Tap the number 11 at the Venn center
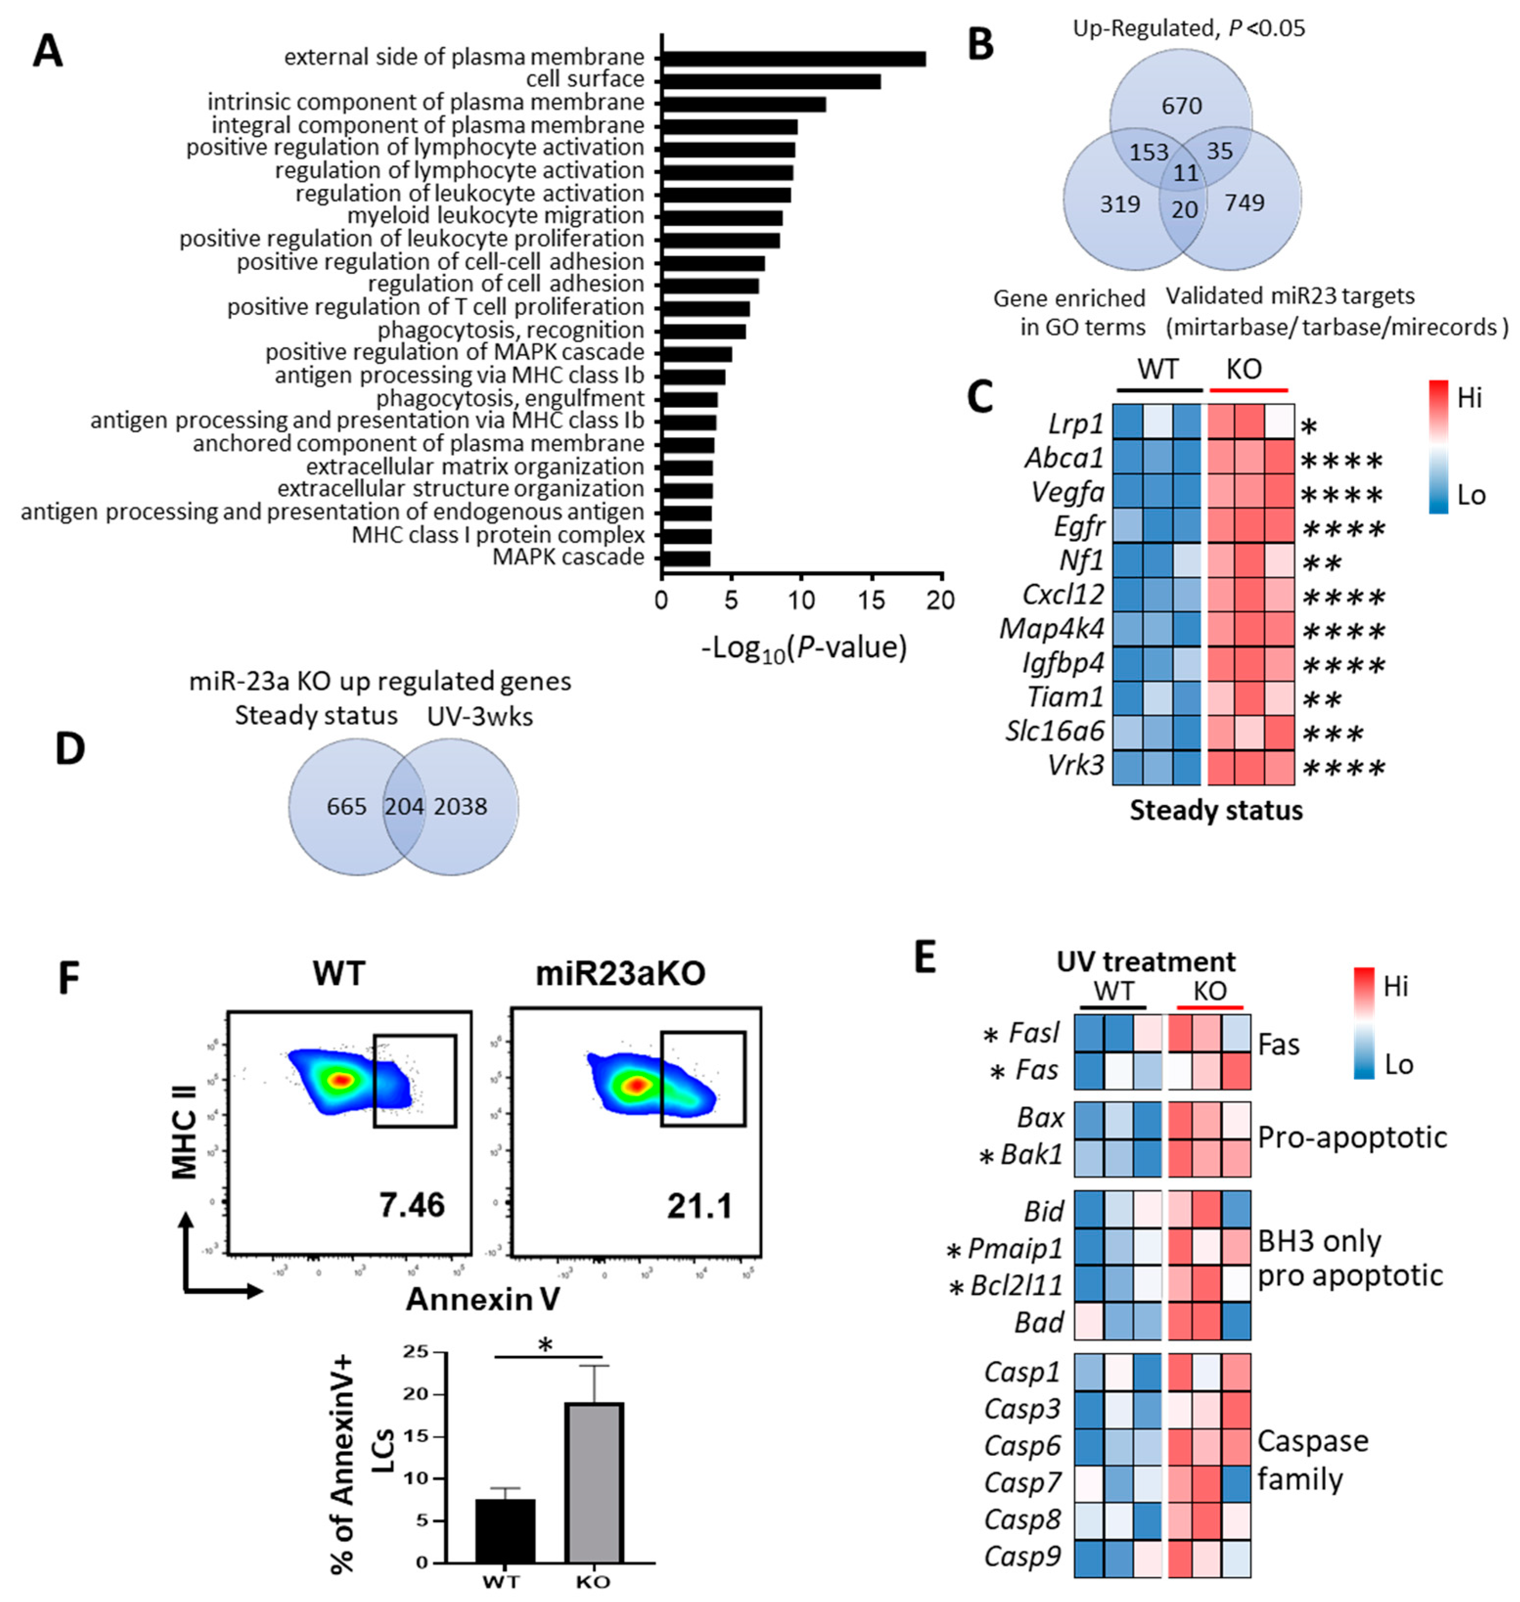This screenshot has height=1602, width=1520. [x=1185, y=173]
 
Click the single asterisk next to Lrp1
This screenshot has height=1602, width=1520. [x=1309, y=427]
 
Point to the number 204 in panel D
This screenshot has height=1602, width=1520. [x=404, y=807]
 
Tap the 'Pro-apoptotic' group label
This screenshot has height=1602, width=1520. [x=1352, y=1137]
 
